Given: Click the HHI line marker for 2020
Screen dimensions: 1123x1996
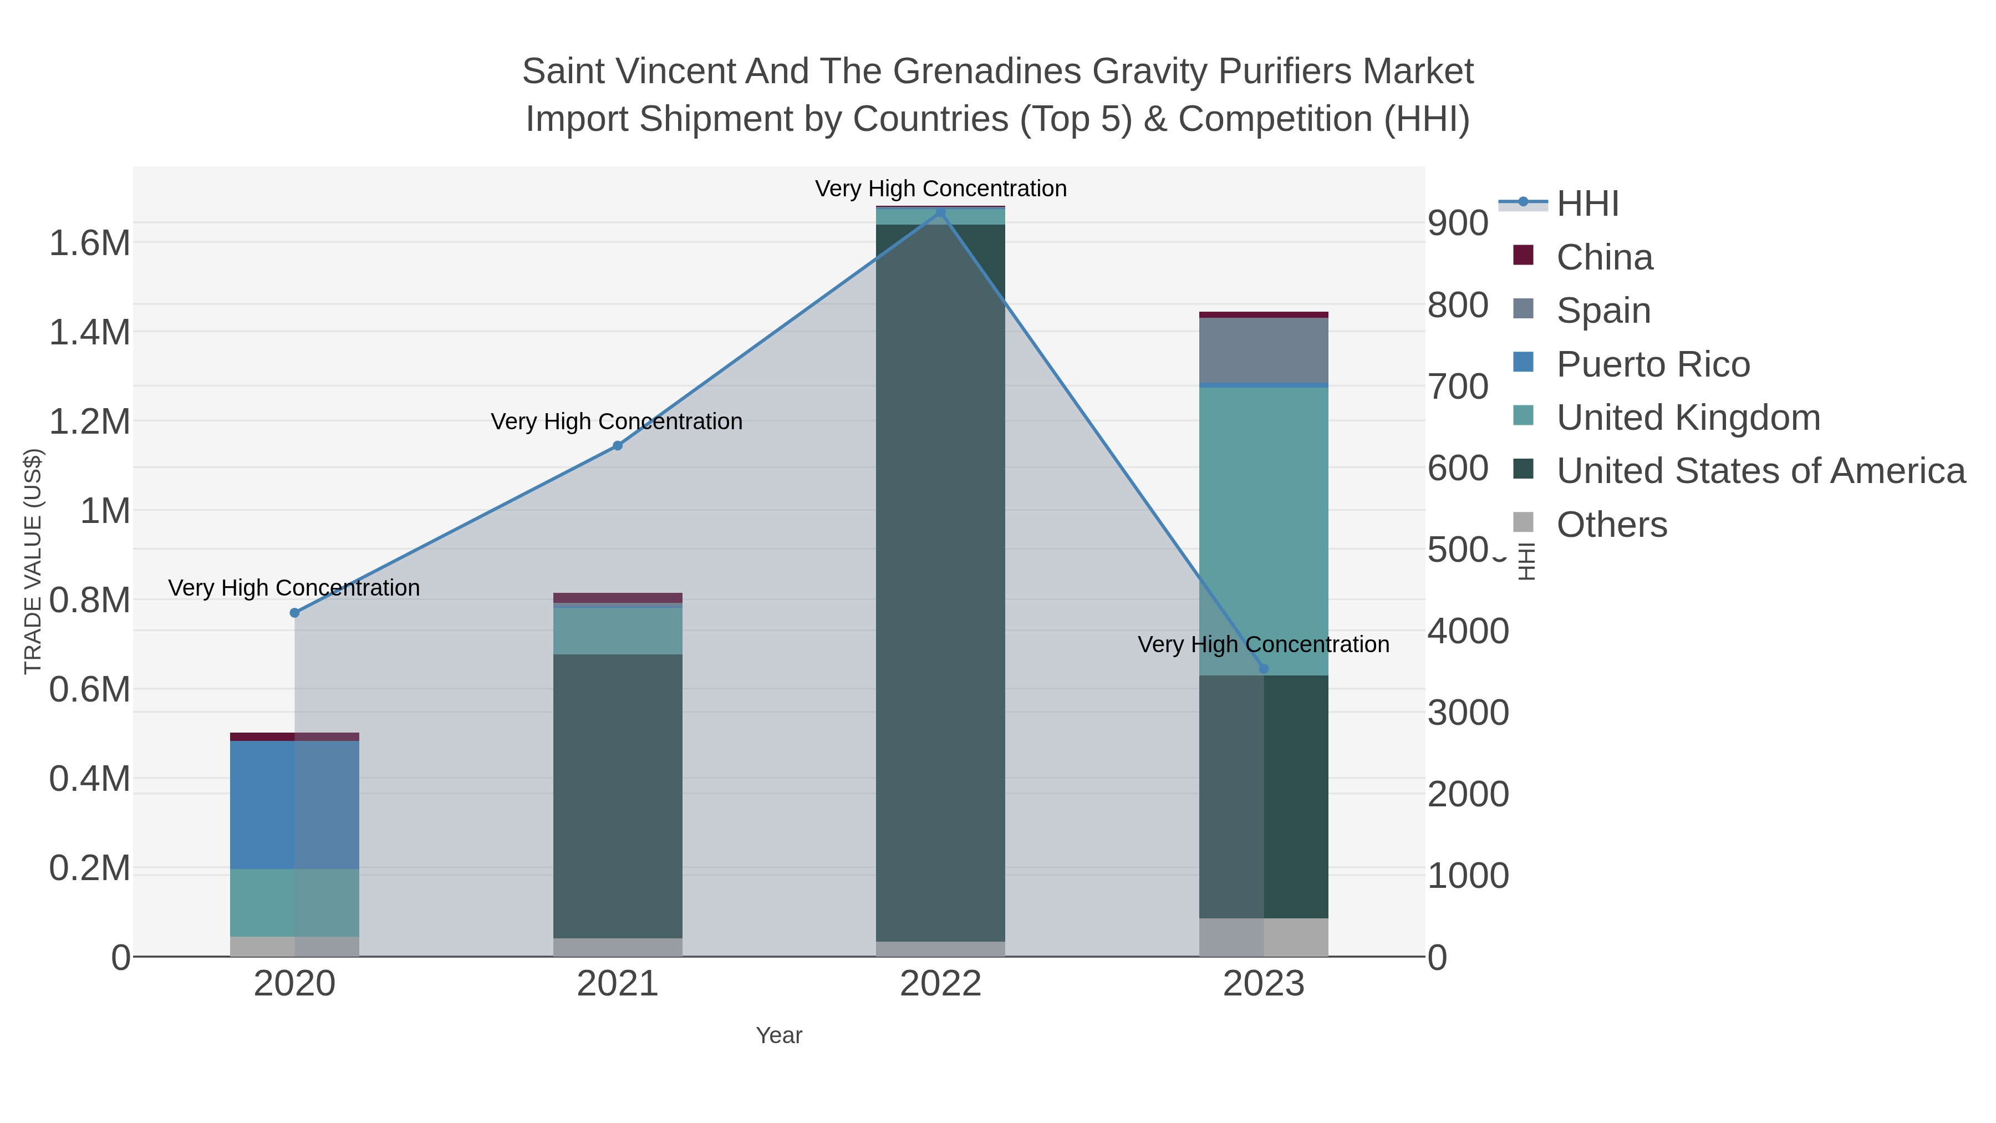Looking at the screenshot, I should coord(294,613).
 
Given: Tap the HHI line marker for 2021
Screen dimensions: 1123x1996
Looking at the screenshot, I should coord(618,446).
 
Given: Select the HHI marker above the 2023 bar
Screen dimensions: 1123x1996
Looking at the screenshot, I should coord(1264,669).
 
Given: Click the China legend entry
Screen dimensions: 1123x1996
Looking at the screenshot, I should coord(1604,257).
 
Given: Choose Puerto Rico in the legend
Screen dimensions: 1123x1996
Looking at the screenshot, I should coord(1653,364).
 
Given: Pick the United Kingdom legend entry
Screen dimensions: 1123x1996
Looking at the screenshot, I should coord(1688,418).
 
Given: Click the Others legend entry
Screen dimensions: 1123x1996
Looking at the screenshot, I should coord(1612,525).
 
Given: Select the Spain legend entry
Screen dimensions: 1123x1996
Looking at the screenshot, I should coord(1603,311).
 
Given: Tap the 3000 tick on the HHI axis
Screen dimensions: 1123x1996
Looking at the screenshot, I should coord(1468,713).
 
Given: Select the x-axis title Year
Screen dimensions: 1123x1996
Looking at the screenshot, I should coord(779,1035).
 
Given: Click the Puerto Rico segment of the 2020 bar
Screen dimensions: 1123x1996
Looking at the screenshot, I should coord(294,805).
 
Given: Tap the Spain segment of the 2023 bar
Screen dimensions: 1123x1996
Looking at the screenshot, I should coord(1263,350).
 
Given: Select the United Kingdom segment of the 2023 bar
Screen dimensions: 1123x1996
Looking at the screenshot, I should coord(1263,531).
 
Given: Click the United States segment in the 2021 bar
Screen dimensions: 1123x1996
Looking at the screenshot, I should coord(618,796).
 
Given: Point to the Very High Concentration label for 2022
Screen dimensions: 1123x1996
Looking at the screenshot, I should coord(941,189).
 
